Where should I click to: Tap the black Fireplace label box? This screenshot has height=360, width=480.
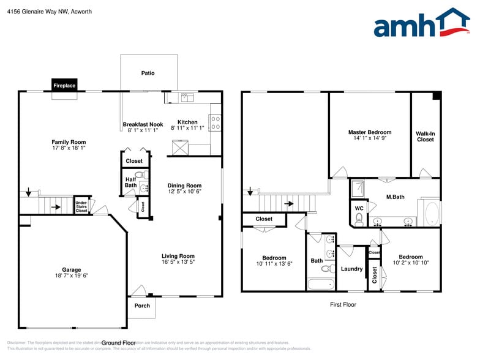click(64, 86)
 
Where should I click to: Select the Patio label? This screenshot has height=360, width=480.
click(148, 73)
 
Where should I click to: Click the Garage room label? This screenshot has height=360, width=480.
click(71, 270)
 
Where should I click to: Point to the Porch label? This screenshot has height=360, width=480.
click(142, 306)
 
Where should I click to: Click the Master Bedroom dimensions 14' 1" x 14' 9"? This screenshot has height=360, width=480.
click(370, 139)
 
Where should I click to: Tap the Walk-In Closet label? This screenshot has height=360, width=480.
click(426, 136)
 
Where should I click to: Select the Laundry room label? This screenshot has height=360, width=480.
click(351, 269)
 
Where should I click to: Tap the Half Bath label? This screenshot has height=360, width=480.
click(130, 182)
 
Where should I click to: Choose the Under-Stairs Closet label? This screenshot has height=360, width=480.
click(81, 206)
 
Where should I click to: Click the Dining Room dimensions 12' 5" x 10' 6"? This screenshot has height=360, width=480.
click(184, 192)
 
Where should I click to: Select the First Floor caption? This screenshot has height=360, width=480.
click(342, 304)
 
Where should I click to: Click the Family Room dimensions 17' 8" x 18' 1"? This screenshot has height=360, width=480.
click(69, 148)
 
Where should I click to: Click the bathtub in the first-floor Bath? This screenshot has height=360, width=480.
click(321, 283)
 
